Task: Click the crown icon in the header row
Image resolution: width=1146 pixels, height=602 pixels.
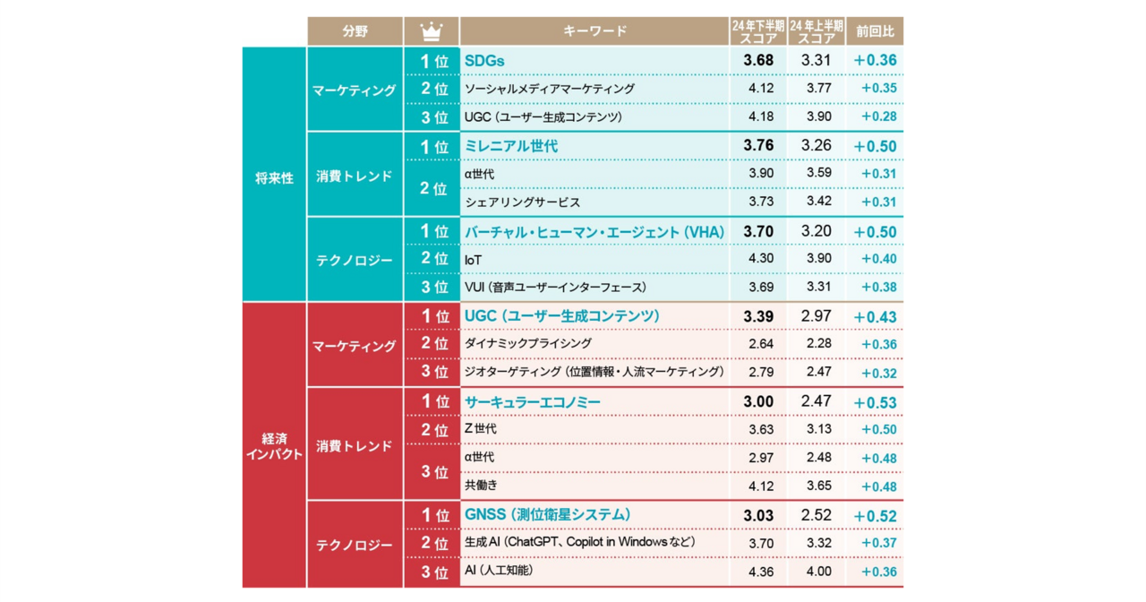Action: (x=432, y=31)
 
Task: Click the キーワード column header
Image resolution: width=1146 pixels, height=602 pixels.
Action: (x=594, y=31)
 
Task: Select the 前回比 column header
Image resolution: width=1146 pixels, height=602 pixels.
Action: (x=875, y=31)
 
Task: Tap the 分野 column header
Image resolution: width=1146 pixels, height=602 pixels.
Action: (x=354, y=31)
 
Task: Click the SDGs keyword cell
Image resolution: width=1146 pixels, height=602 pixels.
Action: (x=485, y=61)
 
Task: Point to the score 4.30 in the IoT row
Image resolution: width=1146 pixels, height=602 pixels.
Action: (x=760, y=259)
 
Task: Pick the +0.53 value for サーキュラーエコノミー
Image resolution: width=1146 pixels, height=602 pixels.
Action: (x=875, y=402)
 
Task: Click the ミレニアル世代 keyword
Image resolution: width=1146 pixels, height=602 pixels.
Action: (x=511, y=146)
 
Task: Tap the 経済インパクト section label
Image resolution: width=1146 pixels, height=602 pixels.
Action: (x=274, y=446)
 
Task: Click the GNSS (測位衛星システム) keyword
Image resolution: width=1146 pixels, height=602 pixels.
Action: (x=547, y=515)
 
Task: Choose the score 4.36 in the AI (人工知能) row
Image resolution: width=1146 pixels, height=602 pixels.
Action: (x=760, y=572)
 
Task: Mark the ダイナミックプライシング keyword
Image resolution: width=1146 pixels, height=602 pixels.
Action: (x=528, y=344)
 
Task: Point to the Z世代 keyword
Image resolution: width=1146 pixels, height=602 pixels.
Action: (x=481, y=430)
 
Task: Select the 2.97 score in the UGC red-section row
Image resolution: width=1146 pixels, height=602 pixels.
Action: (x=816, y=316)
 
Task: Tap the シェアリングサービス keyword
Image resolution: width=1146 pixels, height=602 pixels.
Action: (x=522, y=202)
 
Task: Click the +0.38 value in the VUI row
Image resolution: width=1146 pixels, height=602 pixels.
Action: (x=878, y=288)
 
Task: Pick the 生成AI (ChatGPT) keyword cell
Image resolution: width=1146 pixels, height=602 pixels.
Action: (x=579, y=543)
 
